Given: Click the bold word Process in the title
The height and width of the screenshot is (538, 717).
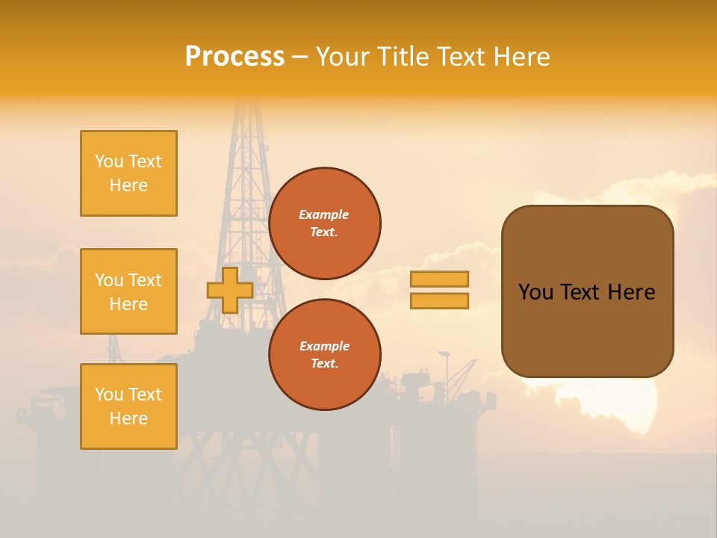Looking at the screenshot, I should tap(235, 57).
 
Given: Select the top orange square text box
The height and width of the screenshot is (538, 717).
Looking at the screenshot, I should tap(128, 173).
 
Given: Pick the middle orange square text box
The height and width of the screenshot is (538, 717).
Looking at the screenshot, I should tap(128, 291).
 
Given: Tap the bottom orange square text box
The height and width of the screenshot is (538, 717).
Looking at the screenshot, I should tap(128, 406).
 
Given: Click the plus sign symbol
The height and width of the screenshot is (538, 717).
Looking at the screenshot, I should tap(230, 290).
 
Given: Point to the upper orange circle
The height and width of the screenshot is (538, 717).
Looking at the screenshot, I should tap(324, 223).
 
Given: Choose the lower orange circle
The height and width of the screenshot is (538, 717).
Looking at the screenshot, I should tap(324, 355).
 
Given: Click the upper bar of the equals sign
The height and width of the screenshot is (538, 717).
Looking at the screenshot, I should tap(439, 279).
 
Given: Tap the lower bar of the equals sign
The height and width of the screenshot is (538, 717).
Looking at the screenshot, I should tap(439, 301).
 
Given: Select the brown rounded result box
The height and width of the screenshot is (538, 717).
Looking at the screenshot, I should tap(587, 291).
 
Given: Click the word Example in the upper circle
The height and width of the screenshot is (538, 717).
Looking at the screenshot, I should tap(324, 214).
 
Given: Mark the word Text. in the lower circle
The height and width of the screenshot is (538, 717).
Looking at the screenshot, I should tap(324, 364).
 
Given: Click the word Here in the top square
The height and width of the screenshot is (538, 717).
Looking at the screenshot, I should tap(128, 185).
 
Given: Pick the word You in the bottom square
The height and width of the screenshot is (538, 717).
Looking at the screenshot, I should tap(109, 395).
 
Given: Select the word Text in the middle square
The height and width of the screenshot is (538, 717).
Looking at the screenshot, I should tap(145, 280).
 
